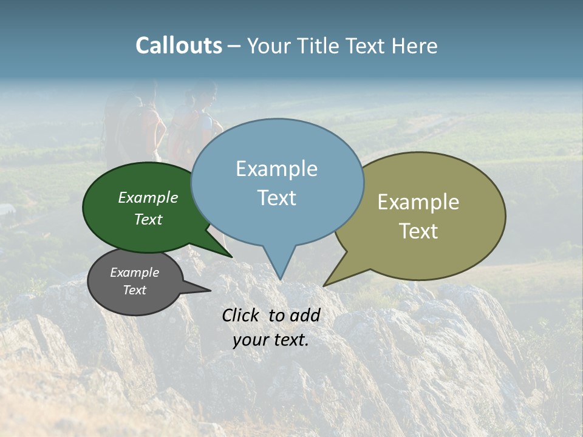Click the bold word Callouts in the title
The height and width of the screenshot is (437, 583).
179,46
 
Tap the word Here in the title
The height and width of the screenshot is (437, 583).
415,46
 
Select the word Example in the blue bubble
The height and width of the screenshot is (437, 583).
276,169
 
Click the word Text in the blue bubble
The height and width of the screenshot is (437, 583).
276,198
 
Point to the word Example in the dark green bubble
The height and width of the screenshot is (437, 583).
148,197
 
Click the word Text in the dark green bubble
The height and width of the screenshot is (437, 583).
148,219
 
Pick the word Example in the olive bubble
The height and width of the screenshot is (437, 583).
418,202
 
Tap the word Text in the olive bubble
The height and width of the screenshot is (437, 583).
418,231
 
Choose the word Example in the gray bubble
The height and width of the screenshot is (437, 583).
135,273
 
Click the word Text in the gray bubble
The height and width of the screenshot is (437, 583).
135,290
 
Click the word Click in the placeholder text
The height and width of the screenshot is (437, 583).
242,315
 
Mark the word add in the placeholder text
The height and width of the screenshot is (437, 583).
305,315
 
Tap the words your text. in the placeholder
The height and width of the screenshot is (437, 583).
270,340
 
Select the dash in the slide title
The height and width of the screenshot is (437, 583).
234,46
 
